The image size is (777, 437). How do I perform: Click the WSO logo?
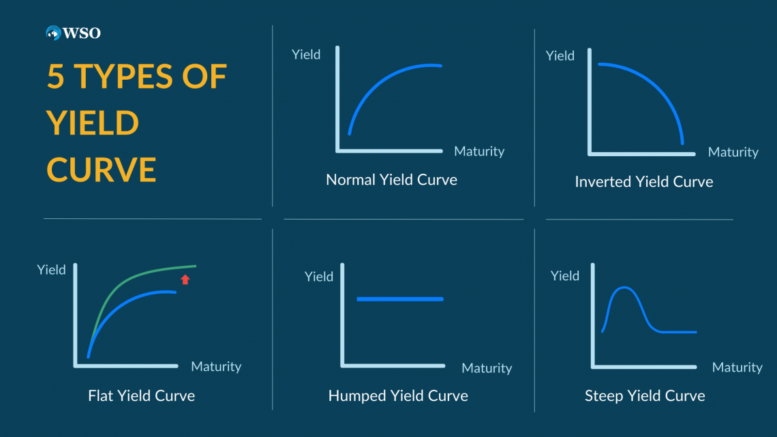[73, 33]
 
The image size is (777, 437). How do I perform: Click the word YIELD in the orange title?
[93, 123]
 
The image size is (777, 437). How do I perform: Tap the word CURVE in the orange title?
[101, 170]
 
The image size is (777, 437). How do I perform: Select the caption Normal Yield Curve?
[391, 179]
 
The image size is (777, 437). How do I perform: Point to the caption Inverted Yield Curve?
[643, 181]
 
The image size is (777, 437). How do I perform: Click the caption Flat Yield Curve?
[141, 395]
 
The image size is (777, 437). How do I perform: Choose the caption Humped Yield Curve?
[398, 395]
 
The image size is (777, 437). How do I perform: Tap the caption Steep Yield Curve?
[645, 395]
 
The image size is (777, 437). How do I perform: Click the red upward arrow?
[185, 280]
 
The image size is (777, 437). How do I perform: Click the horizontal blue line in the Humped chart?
[400, 299]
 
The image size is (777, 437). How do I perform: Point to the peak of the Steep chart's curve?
[624, 288]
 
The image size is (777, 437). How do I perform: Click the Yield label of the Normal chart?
[306, 55]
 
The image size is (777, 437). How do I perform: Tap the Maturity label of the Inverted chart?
[733, 152]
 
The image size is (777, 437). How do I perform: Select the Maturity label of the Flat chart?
[216, 366]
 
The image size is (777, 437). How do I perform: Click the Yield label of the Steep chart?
[564, 275]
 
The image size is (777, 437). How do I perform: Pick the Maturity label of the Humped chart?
[487, 368]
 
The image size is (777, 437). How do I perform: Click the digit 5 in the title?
[55, 77]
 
